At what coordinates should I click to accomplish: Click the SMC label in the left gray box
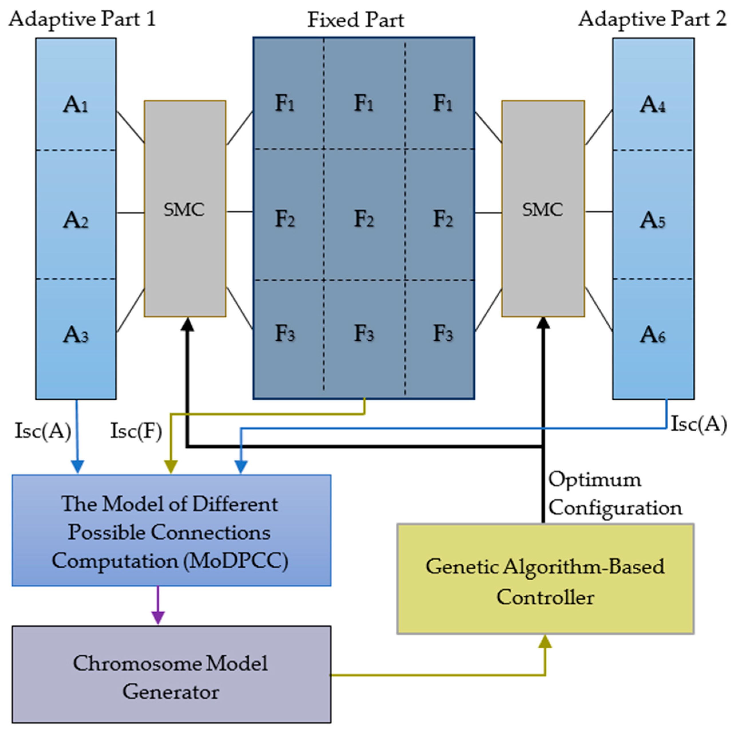pyautogui.click(x=184, y=209)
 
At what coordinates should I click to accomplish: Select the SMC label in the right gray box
pyautogui.click(x=543, y=209)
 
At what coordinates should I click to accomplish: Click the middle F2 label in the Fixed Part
pyautogui.click(x=364, y=219)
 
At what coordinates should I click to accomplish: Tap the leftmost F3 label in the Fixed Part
pyautogui.click(x=285, y=334)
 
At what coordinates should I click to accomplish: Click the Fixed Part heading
pyautogui.click(x=355, y=20)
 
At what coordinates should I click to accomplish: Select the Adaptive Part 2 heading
pyautogui.click(x=652, y=19)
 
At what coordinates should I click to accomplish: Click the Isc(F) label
pyautogui.click(x=136, y=431)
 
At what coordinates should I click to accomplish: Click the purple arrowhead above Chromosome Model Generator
pyautogui.click(x=158, y=617)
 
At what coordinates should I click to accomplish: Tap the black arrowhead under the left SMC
pyautogui.click(x=187, y=324)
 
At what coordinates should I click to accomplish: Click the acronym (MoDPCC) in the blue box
pyautogui.click(x=236, y=561)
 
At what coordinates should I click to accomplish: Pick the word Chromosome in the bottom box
pyautogui.click(x=136, y=663)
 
